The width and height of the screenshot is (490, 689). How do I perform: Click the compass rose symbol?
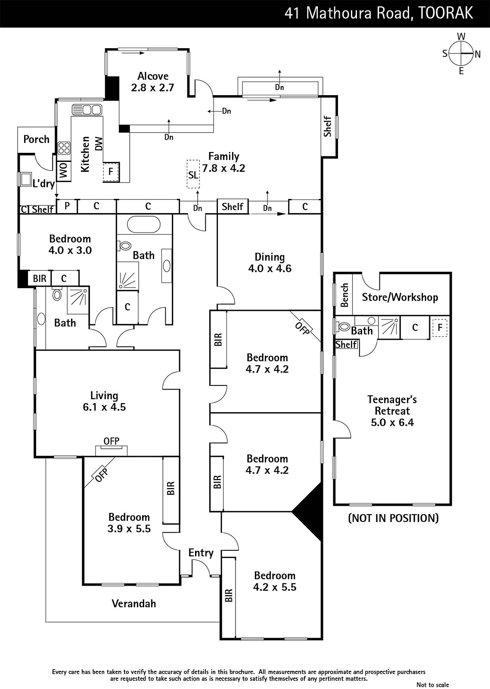[461, 53]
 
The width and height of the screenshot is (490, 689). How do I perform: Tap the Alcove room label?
[153, 76]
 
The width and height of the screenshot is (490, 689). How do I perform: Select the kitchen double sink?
[87, 109]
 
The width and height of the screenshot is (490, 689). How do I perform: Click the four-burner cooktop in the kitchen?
[64, 148]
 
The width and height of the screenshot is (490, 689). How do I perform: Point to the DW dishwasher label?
[99, 144]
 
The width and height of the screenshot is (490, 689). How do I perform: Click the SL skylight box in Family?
[193, 174]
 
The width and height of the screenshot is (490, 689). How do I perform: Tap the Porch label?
[36, 140]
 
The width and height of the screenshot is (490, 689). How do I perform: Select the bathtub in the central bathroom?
[144, 224]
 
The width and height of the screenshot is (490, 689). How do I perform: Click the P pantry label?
[67, 205]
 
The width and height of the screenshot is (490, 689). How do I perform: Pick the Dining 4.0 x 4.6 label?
[270, 263]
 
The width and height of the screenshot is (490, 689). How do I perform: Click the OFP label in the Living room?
[112, 441]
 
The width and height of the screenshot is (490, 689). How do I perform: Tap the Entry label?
[201, 553]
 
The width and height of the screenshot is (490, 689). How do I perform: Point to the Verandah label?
[134, 603]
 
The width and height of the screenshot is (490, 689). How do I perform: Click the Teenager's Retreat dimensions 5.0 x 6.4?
[392, 422]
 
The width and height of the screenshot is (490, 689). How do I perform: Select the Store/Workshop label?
[400, 297]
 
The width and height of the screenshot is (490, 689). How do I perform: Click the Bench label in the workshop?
[344, 295]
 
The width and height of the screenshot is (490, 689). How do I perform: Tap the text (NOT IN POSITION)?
[394, 518]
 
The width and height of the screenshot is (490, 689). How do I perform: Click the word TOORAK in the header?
[446, 13]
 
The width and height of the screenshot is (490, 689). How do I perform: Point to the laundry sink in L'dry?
[24, 179]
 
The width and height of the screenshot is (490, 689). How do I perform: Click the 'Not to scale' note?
[432, 684]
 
